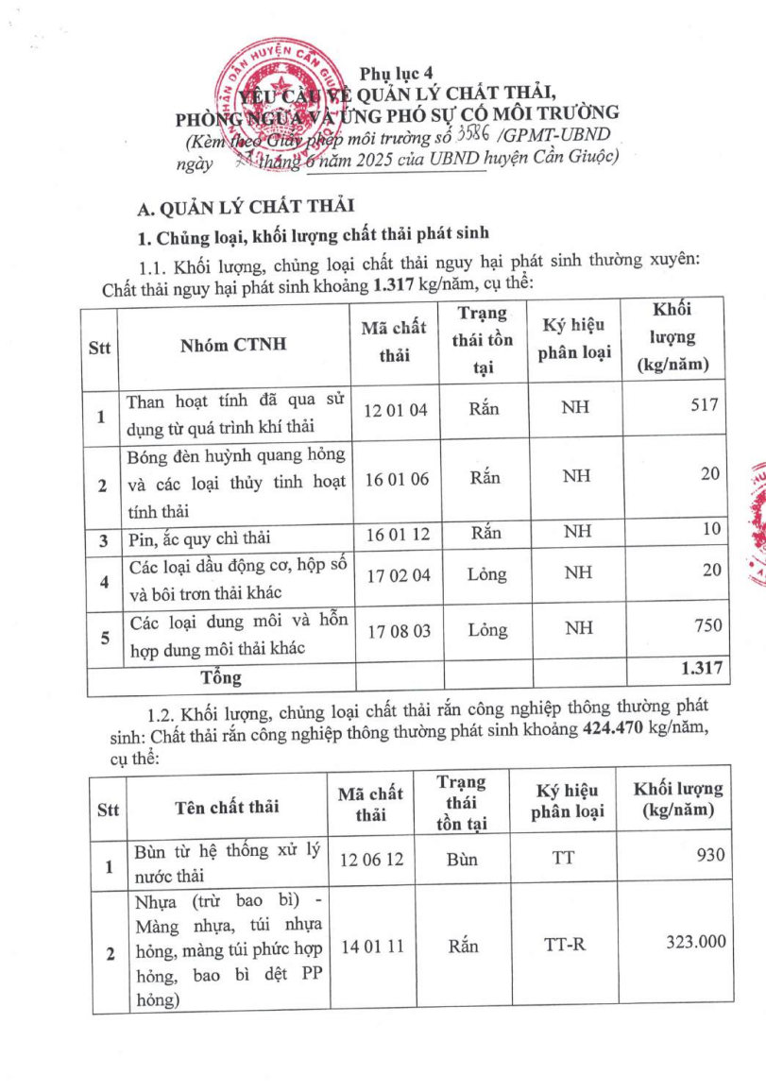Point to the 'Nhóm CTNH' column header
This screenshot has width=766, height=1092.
pos(233,345)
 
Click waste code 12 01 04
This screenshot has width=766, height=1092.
pos(397,410)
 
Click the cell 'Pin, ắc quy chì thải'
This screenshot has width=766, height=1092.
pos(198,537)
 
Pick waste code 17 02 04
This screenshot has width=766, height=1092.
pos(397,572)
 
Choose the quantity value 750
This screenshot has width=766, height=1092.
pos(706,625)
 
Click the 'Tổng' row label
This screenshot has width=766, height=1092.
pos(220,677)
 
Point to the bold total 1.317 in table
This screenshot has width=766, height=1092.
pos(701,669)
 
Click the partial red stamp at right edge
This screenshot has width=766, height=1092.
pos(754,524)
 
